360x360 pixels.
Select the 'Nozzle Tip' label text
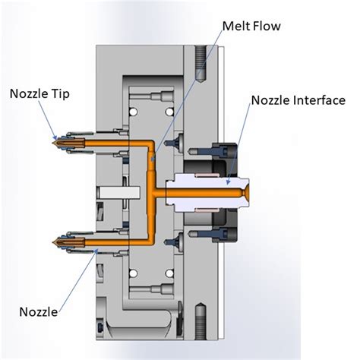click(38, 94)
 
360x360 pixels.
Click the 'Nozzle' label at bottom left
click(37, 311)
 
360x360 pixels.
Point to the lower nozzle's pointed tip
click(52, 242)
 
